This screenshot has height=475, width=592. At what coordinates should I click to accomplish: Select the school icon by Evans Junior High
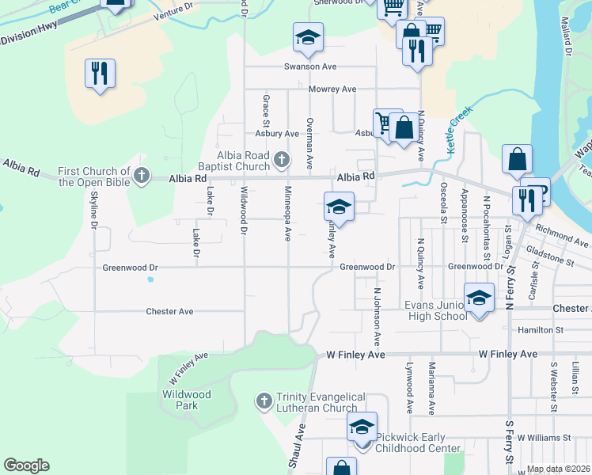(x=479, y=298)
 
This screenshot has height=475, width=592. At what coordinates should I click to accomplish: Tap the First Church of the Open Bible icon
(x=142, y=176)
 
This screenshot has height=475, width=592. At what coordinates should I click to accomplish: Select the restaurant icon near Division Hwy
(x=100, y=74)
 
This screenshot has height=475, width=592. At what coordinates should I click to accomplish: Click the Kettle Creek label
(x=459, y=120)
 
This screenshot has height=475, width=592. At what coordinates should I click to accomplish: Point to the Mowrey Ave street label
(x=332, y=89)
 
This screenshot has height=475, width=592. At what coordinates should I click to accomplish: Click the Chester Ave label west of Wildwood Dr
(x=169, y=312)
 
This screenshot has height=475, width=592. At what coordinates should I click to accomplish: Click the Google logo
(x=26, y=465)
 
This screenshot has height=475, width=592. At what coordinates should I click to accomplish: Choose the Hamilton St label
(x=541, y=329)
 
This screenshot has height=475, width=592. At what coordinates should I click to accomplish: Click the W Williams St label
(x=544, y=438)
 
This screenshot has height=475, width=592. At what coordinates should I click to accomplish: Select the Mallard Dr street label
(x=567, y=36)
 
